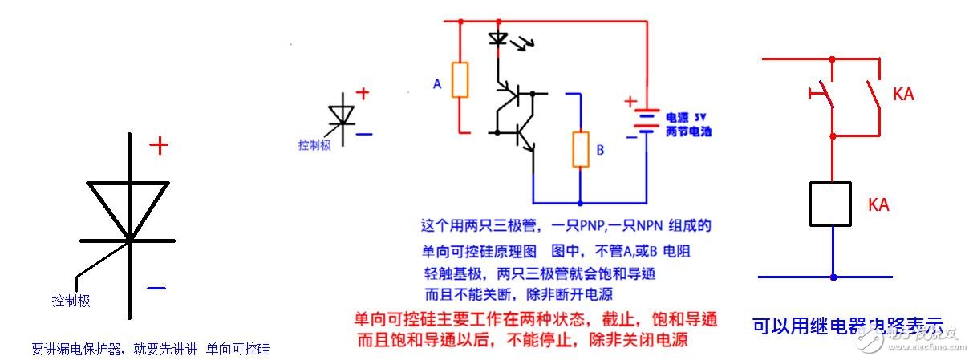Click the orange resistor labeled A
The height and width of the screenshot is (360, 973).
pyautogui.click(x=460, y=80)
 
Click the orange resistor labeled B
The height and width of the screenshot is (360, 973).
pyautogui.click(x=580, y=150)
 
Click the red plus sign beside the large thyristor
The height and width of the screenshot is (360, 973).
pyautogui.click(x=160, y=145)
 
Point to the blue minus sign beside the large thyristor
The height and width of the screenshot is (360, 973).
pyautogui.click(x=156, y=287)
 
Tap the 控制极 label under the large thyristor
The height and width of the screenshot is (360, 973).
pyautogui.click(x=71, y=301)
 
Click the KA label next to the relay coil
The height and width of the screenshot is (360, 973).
pyautogui.click(x=880, y=204)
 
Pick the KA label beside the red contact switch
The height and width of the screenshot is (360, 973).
pyautogui.click(x=903, y=95)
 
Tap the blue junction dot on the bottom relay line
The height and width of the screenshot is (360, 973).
pyautogui.click(x=833, y=277)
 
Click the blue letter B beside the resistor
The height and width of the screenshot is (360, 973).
pyautogui.click(x=599, y=150)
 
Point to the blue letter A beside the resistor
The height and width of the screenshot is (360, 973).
pyautogui.click(x=437, y=83)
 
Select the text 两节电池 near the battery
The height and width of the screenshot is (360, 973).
pyautogui.click(x=688, y=131)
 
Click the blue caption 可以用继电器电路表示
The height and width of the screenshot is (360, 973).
pyautogui.click(x=846, y=326)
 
